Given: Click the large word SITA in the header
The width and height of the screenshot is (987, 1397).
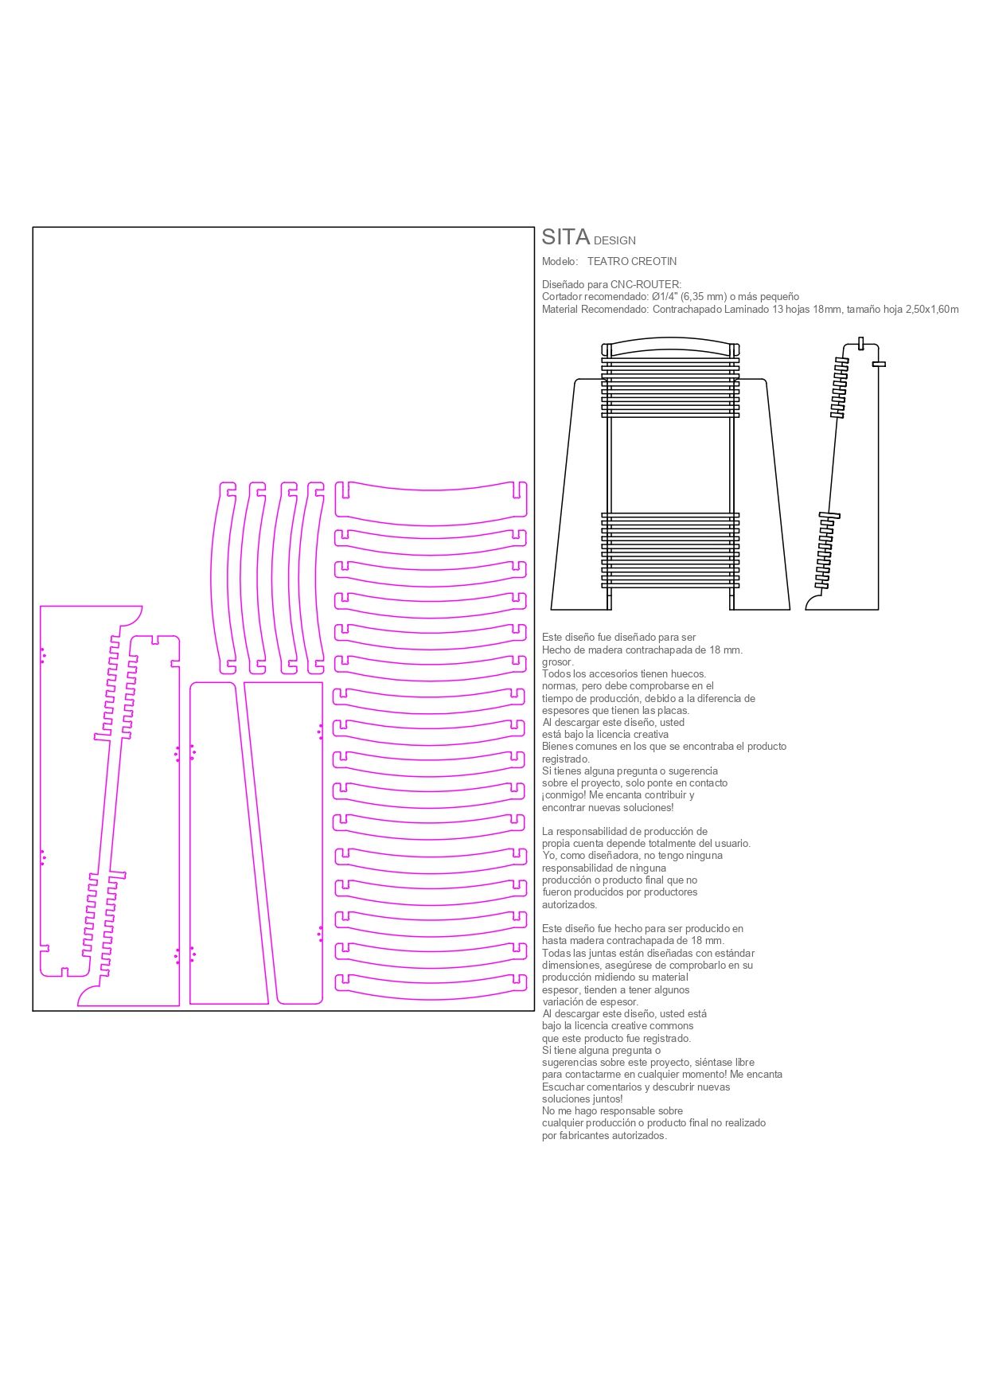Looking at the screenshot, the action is tap(566, 237).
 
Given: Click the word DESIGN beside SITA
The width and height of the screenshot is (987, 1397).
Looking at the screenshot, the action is tap(615, 240).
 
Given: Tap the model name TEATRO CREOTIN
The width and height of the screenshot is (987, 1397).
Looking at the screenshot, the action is tap(632, 261).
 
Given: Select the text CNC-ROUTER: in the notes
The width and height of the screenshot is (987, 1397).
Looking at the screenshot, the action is tap(646, 284).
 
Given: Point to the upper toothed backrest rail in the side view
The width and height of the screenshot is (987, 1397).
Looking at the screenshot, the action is tap(840, 388).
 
